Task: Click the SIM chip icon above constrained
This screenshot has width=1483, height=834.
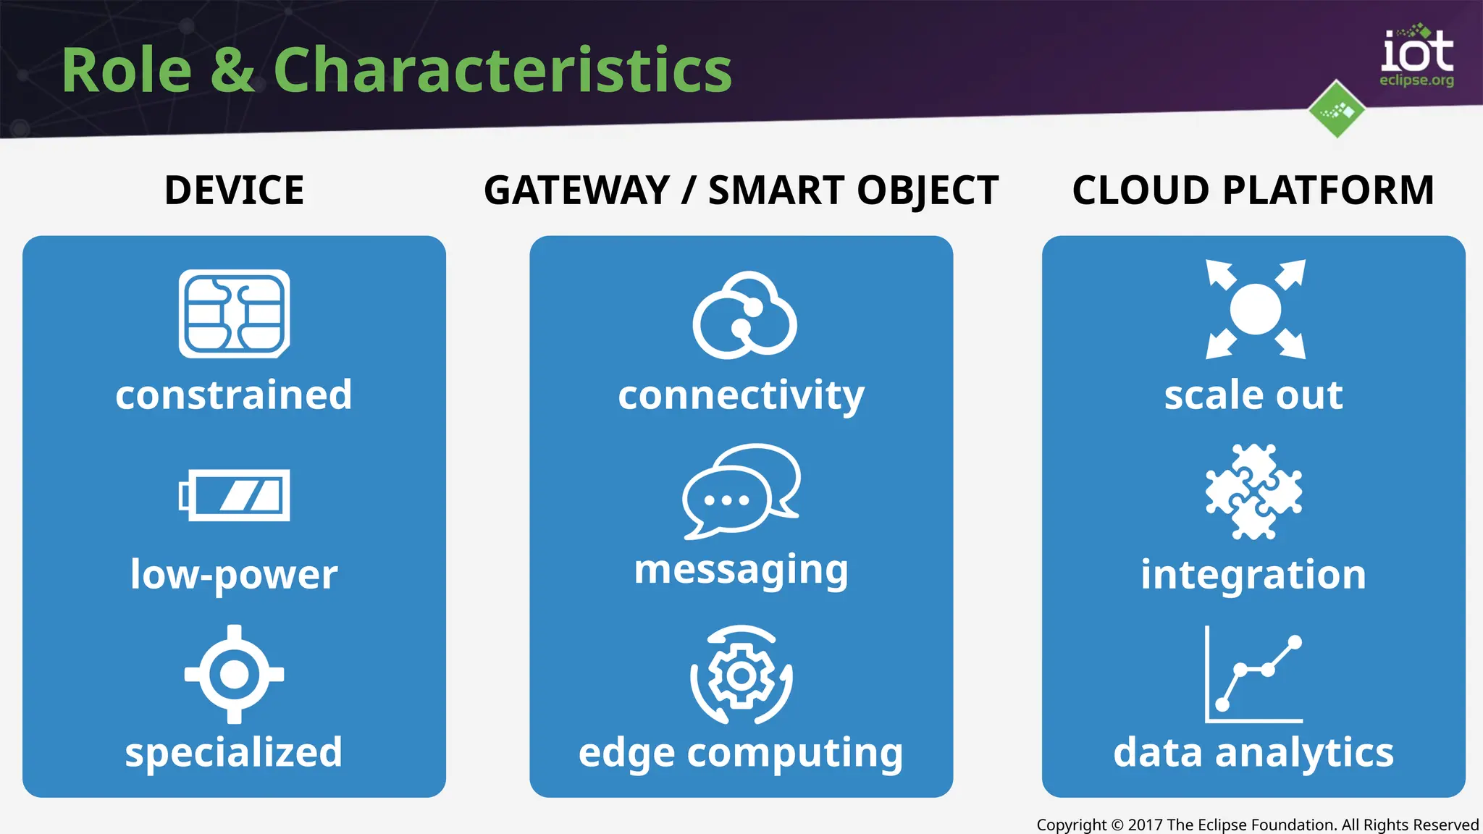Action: (234, 313)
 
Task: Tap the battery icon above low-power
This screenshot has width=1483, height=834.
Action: (234, 495)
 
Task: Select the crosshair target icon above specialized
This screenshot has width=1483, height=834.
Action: (234, 674)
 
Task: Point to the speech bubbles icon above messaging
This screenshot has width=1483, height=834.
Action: (741, 492)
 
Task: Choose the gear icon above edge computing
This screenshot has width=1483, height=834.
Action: (741, 675)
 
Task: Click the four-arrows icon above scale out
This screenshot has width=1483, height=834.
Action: (1255, 309)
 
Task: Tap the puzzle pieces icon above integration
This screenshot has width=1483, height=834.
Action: (1253, 492)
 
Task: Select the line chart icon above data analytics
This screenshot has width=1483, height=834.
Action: (1253, 674)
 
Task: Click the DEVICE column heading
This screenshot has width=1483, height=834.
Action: (234, 190)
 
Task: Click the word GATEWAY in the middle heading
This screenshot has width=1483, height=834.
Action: (577, 190)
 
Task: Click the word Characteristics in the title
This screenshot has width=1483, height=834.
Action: (503, 70)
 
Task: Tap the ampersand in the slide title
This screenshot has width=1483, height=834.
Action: (232, 70)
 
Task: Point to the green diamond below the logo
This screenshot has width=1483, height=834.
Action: (1337, 109)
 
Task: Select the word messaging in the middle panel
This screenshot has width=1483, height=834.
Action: (741, 570)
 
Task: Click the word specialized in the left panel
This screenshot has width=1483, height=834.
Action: (234, 752)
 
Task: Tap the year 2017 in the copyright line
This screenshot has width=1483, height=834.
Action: (1145, 825)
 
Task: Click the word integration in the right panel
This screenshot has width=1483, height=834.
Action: (1253, 574)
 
